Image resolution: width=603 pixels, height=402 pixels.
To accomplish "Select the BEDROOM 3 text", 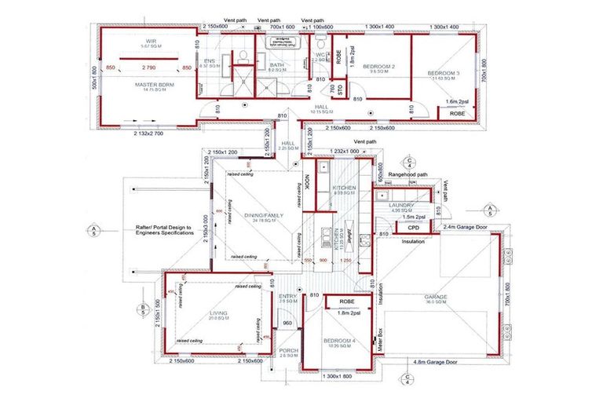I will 443,73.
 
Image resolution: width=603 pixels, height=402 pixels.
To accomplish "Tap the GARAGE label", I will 435,298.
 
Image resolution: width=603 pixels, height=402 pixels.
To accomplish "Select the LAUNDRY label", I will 401,205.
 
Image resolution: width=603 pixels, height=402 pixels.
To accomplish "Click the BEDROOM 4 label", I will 340,340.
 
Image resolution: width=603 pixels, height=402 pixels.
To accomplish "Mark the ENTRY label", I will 287,295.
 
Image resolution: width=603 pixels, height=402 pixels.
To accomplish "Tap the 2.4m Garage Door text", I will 466,226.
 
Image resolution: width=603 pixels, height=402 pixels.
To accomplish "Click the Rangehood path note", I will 407,174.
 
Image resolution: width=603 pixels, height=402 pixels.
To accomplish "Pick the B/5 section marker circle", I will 143,307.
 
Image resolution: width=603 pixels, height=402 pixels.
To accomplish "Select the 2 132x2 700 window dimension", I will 148,133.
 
